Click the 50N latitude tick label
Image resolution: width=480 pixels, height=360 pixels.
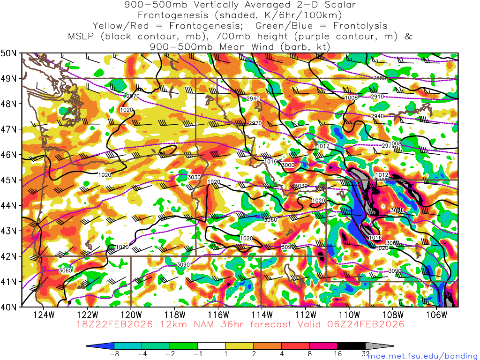[x=10, y=53]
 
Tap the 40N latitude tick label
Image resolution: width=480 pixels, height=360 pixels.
[x=10, y=307]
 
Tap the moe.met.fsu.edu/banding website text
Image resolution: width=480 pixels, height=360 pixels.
[x=423, y=356]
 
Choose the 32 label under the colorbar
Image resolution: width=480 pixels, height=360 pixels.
[x=366, y=354]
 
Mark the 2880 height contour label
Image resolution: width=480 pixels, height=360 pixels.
[x=380, y=78]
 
